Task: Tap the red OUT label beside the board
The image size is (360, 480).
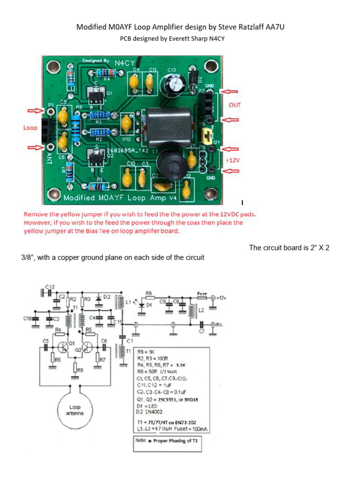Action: tap(234, 105)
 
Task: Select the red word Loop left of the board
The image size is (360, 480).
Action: tap(30, 127)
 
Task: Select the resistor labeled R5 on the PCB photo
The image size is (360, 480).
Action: tap(99, 187)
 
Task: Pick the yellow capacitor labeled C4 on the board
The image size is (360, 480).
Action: tap(134, 83)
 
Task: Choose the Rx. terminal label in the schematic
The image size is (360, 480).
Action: tap(220, 324)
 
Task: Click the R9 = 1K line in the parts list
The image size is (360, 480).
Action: tap(148, 351)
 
